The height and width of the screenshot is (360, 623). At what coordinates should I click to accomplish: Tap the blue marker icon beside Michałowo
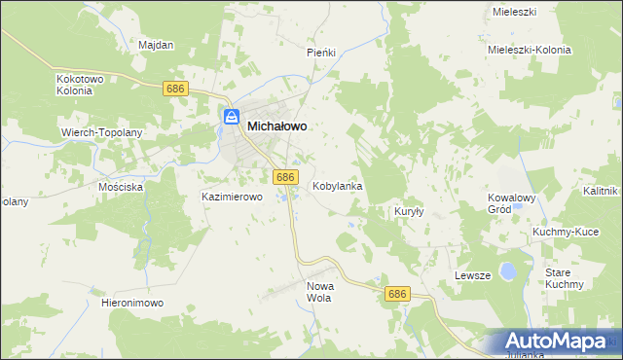[232, 118]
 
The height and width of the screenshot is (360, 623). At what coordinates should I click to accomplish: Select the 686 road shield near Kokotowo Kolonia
[175, 89]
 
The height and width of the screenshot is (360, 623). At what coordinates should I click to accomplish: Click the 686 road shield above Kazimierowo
[284, 176]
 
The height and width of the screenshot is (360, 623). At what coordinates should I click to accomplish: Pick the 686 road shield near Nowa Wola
[396, 294]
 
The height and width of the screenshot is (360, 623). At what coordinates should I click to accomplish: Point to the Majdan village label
[156, 45]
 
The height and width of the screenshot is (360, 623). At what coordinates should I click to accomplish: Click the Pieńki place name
[321, 52]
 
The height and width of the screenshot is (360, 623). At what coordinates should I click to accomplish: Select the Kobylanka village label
[337, 185]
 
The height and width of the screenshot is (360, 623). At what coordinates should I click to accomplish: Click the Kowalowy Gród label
[512, 202]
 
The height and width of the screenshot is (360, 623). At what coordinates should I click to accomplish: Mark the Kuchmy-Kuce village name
[565, 233]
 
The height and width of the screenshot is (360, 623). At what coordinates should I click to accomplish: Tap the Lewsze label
[472, 275]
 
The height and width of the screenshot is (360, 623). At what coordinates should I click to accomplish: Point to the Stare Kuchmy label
[564, 278]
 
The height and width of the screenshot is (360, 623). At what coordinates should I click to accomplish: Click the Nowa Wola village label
[319, 292]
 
